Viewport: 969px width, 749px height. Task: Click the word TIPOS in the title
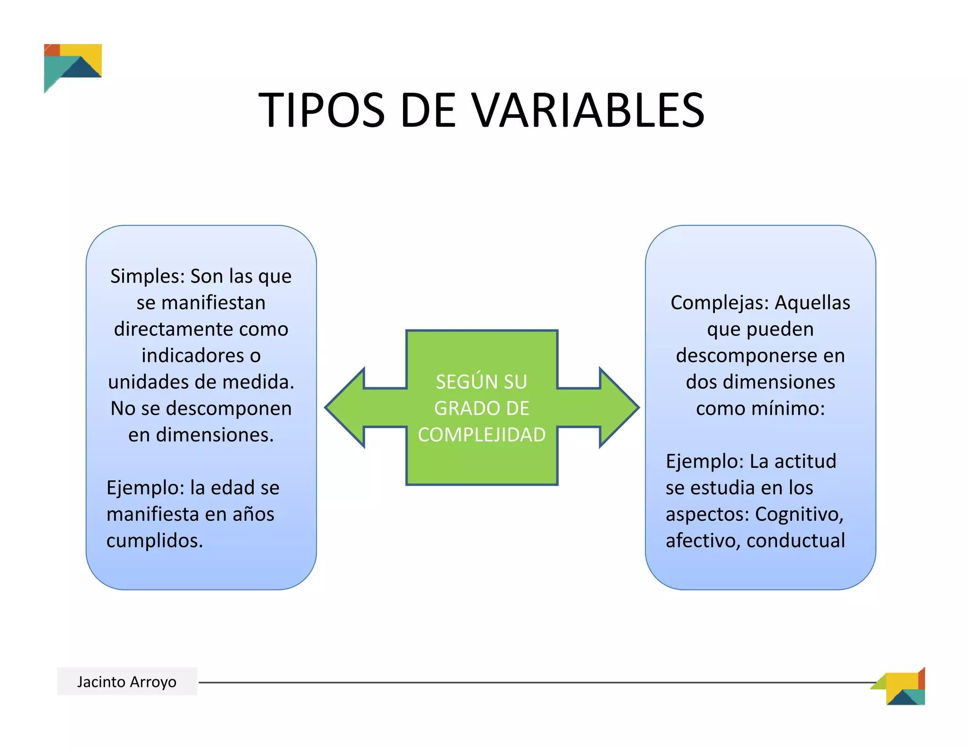(x=322, y=110)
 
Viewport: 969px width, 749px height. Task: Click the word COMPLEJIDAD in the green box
(x=482, y=435)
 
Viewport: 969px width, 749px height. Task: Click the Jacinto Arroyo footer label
(x=127, y=682)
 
